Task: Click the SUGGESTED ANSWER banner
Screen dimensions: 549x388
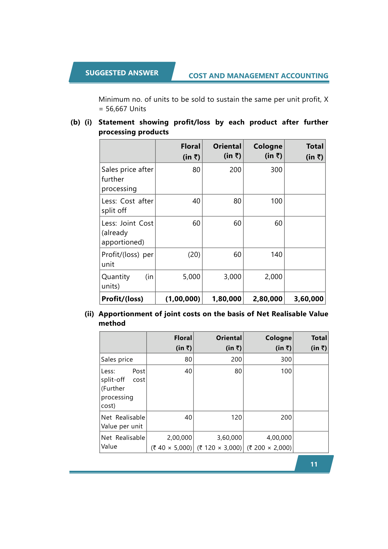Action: tap(122, 73)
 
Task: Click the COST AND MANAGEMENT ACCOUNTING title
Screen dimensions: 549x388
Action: tap(258, 76)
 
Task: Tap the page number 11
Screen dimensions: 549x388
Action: tap(314, 464)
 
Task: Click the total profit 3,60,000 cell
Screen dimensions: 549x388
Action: tap(309, 299)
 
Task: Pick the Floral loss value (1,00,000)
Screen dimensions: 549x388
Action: tap(182, 299)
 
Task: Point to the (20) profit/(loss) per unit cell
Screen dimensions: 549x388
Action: tap(194, 255)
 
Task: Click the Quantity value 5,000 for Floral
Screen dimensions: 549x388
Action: tap(191, 277)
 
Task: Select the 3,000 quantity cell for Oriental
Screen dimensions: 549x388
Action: tap(232, 277)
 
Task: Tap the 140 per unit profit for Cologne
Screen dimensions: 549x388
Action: tap(276, 255)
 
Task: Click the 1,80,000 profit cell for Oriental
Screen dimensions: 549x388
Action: tap(226, 299)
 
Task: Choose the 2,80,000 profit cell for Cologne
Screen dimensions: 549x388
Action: tap(267, 299)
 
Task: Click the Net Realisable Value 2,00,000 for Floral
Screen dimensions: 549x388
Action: tap(179, 438)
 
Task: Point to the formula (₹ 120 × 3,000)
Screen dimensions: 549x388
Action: tap(219, 448)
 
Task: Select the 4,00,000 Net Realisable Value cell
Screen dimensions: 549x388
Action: tap(279, 438)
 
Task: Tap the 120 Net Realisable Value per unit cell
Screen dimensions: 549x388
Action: tap(236, 418)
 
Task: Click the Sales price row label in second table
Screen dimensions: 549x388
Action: tap(117, 360)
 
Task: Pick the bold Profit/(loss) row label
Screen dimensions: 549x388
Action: tap(122, 299)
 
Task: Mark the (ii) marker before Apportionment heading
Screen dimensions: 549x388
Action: tap(89, 314)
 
